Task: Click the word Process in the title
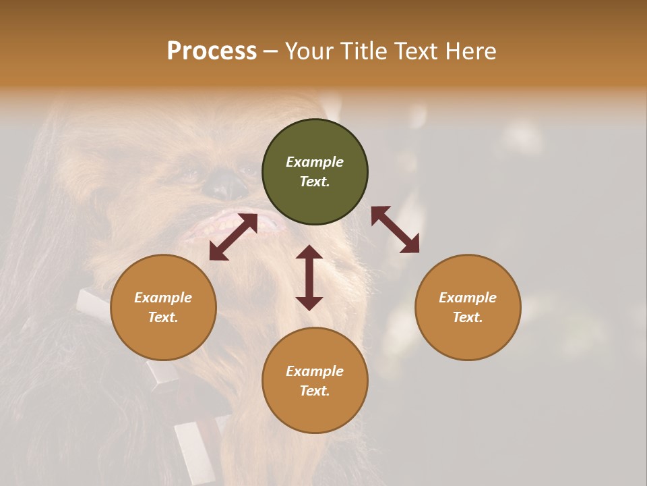click(212, 51)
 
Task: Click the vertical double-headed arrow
click(309, 277)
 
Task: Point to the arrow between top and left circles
click(233, 237)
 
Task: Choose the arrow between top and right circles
click(395, 230)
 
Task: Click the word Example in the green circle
click(315, 162)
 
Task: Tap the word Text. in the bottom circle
click(315, 391)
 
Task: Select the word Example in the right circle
click(468, 298)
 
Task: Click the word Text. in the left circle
click(163, 317)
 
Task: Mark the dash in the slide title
click(270, 51)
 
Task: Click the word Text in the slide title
click(416, 51)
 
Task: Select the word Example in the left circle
click(163, 298)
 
